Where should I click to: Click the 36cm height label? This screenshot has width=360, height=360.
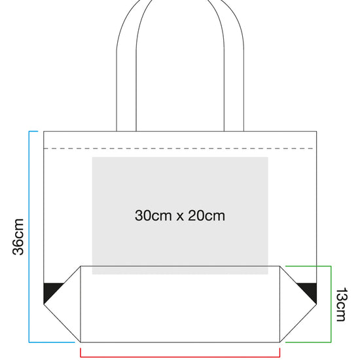18,237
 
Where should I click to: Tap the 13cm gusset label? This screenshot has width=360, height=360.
342,304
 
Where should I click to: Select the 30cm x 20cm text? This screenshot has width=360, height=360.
180,215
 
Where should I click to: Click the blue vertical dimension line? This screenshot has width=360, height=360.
29,237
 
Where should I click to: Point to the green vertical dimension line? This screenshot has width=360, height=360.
331,304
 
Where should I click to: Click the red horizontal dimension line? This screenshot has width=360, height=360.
180,357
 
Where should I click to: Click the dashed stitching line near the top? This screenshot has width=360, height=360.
179,149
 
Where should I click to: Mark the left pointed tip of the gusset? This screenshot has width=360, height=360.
44,304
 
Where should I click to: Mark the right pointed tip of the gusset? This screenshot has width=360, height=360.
317,304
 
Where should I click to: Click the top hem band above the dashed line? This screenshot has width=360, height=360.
180,140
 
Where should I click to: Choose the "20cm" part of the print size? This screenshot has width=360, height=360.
207,215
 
